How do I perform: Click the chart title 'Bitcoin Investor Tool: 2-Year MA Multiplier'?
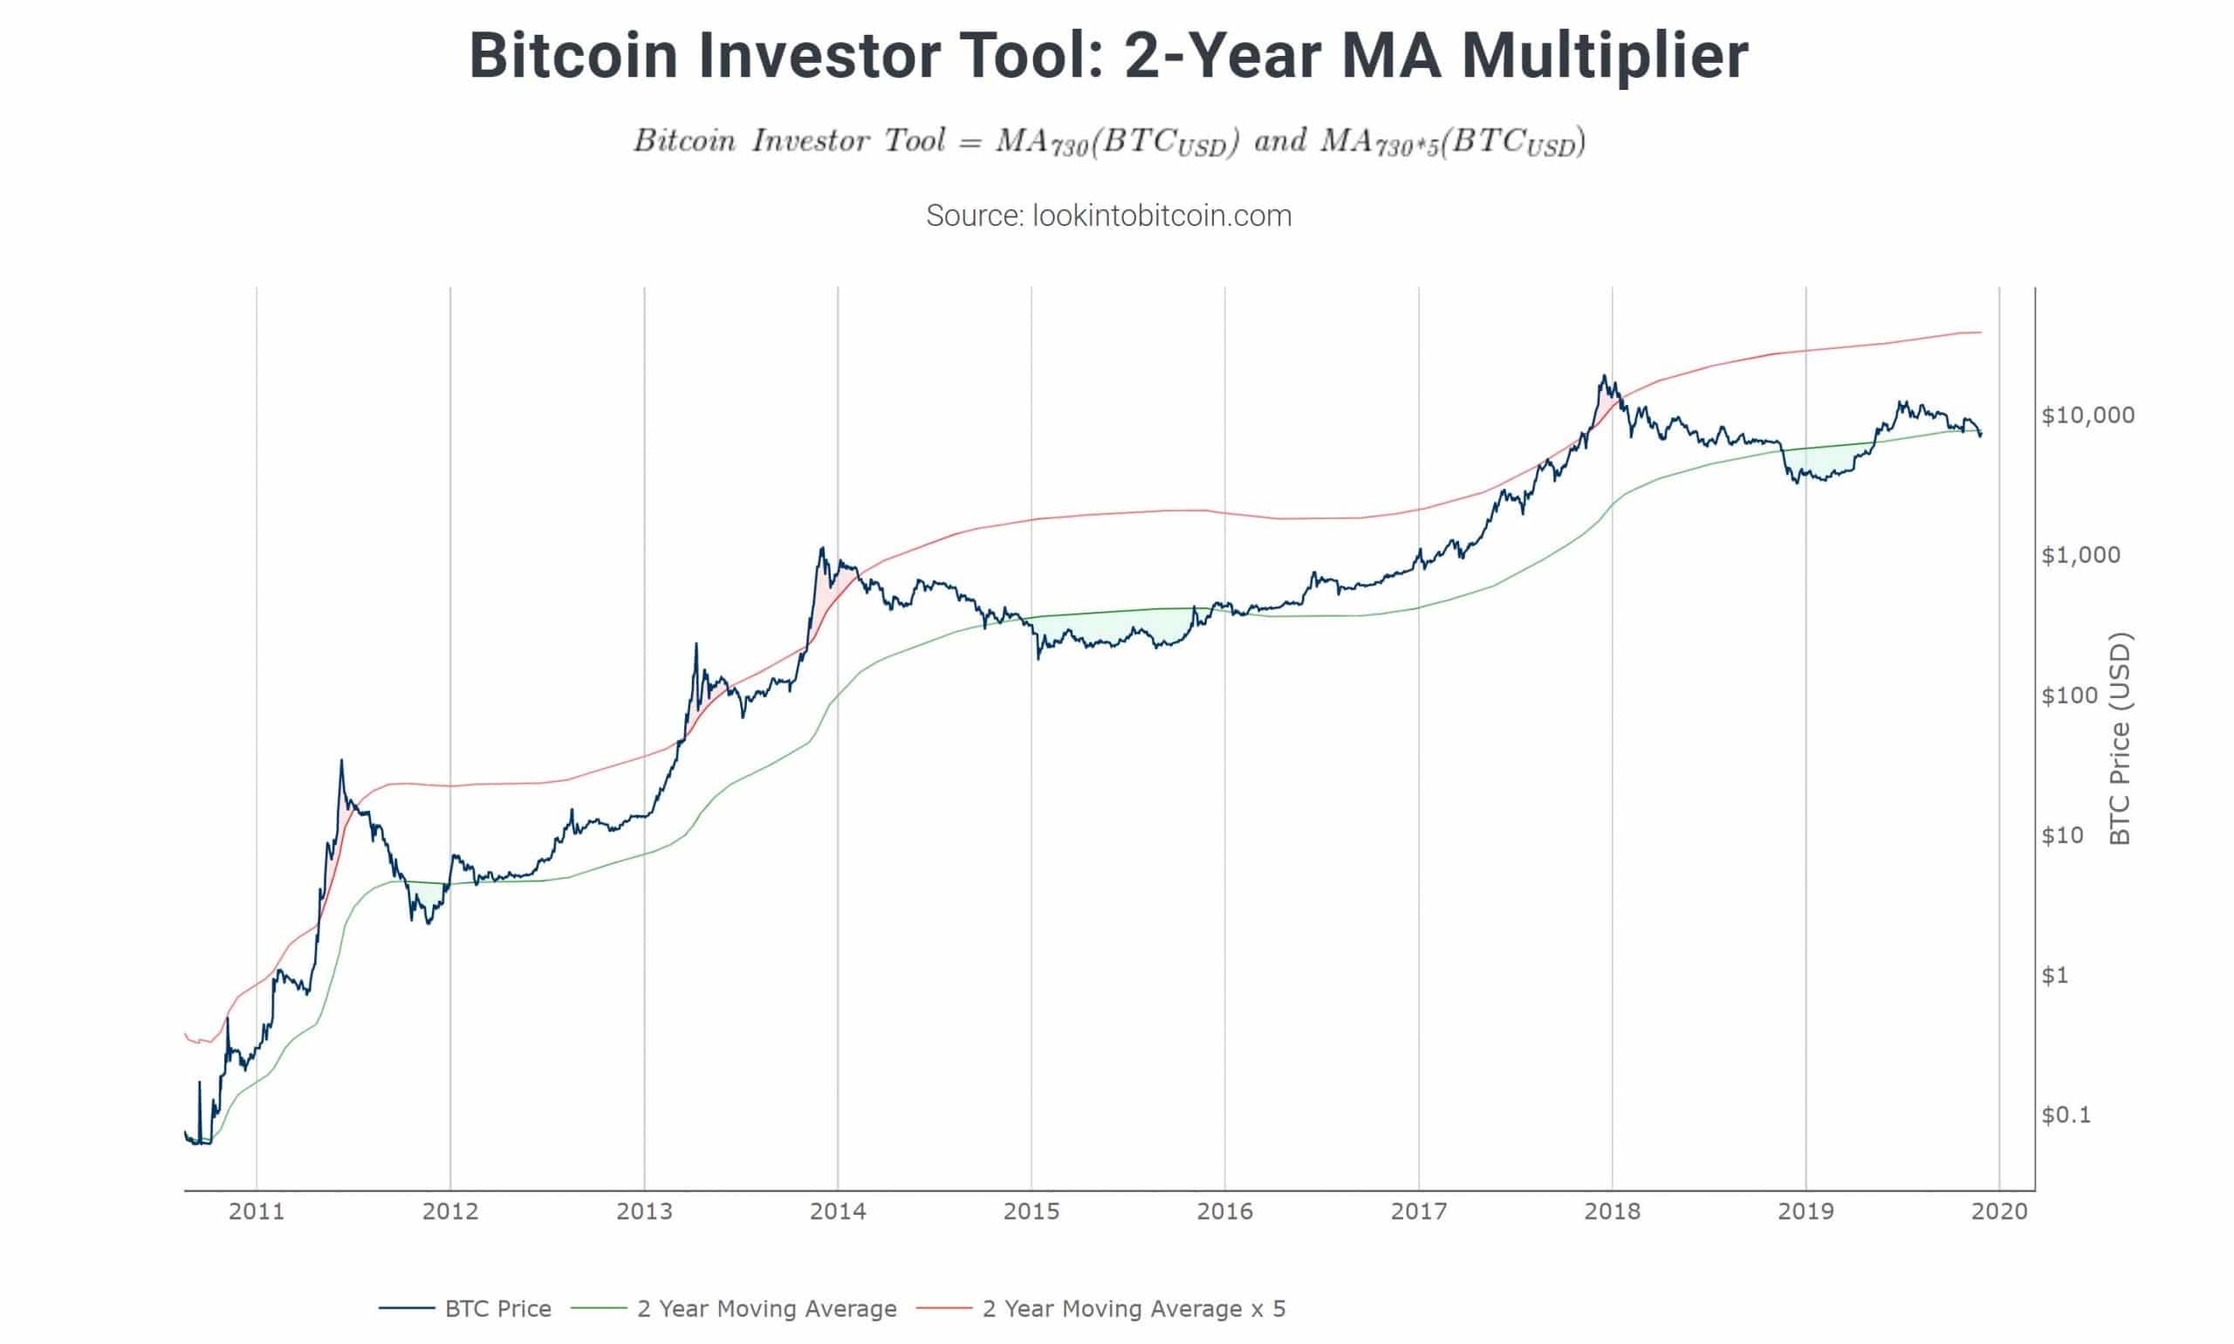(x=1108, y=56)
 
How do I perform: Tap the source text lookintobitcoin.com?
(x=1108, y=216)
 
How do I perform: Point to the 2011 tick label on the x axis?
(x=257, y=1210)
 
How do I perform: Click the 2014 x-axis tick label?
(x=838, y=1210)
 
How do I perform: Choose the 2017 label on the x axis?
(x=1418, y=1210)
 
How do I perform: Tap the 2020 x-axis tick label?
(x=1998, y=1210)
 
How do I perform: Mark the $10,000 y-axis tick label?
(x=2087, y=415)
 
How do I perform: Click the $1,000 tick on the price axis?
(x=2080, y=554)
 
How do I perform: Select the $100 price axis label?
(x=2069, y=695)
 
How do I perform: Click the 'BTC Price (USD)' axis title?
(x=2120, y=738)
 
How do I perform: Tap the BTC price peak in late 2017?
(x=1604, y=376)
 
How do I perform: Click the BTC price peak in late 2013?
(x=821, y=548)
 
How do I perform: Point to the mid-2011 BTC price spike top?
(x=341, y=761)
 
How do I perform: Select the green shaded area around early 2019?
(x=1820, y=462)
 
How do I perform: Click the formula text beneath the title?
(x=1108, y=142)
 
